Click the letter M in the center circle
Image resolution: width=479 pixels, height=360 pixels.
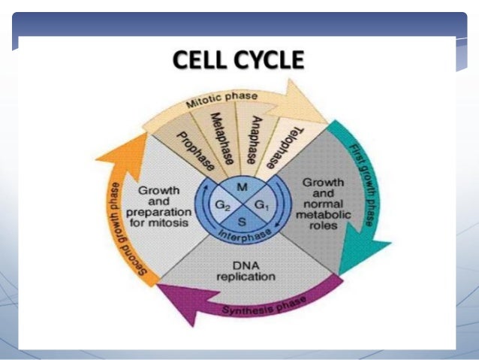tap(241, 186)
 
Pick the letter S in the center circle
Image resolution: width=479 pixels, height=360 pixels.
tap(240, 221)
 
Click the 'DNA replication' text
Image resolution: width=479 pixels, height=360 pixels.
tap(246, 271)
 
